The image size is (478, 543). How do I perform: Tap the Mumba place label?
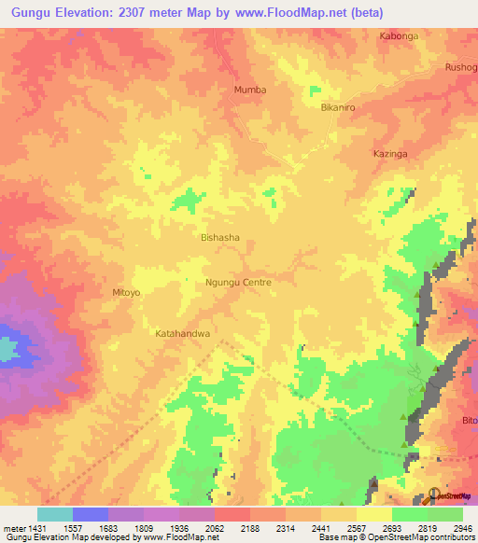249,90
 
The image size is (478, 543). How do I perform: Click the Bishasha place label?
220,238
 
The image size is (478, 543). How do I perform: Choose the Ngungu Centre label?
238,281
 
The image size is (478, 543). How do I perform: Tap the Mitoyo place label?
126,292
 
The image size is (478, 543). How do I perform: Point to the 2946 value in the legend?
462,527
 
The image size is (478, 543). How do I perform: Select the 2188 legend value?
249,527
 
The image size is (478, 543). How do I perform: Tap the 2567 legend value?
356,527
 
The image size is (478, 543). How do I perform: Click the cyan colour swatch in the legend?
54,514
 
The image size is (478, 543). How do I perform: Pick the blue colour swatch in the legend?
90,514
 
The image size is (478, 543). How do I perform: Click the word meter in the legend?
16,527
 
